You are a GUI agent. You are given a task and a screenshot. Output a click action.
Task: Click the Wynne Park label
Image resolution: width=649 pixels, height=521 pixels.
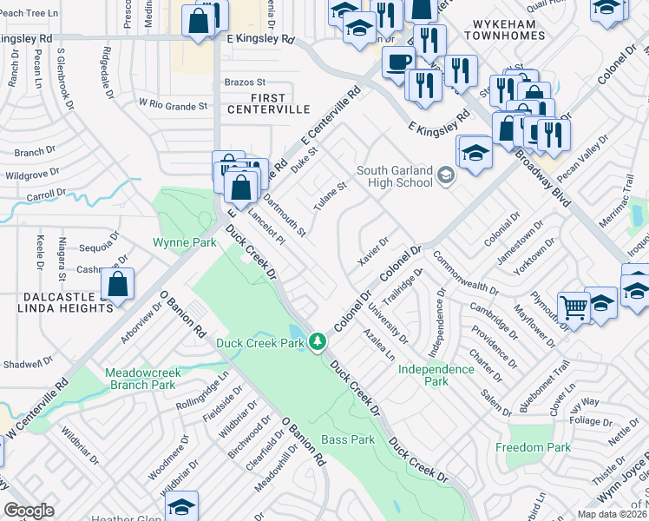point(184,242)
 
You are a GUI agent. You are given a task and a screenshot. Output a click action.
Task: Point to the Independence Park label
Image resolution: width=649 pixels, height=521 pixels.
point(436,375)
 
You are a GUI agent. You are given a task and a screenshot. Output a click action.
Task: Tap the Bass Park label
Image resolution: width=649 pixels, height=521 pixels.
point(348,440)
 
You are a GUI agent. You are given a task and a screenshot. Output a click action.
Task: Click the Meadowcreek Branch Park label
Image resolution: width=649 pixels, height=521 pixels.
point(142,378)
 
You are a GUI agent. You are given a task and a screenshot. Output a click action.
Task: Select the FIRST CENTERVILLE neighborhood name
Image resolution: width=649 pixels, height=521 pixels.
point(268,103)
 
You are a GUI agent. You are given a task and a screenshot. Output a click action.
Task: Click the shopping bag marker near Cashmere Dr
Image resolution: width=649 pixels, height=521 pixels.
point(117,283)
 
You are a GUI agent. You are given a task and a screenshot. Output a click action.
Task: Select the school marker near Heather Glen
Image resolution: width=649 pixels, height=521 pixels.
point(181,506)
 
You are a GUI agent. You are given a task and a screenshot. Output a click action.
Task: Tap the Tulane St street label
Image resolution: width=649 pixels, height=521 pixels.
point(330,196)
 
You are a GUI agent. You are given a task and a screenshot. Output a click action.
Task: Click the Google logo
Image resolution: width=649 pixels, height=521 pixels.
point(29,511)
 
